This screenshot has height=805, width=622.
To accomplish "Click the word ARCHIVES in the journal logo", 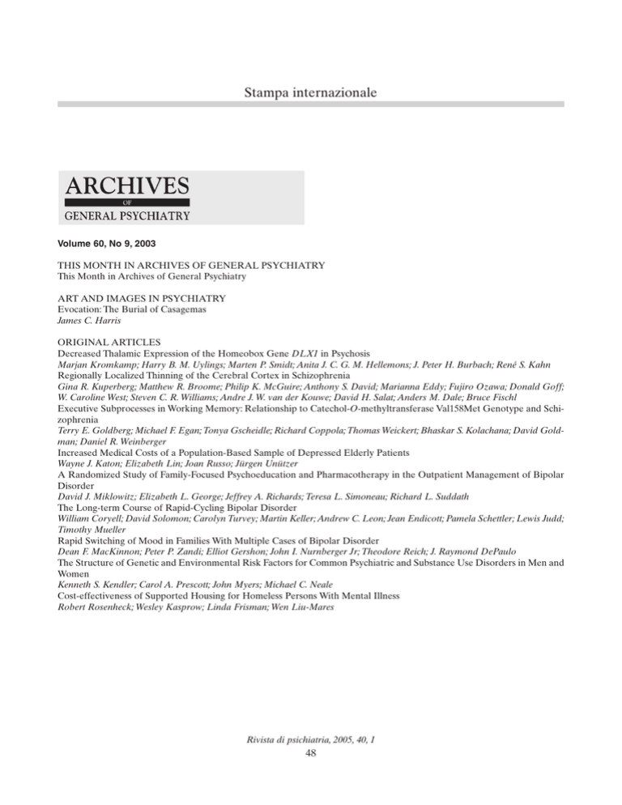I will [123, 185].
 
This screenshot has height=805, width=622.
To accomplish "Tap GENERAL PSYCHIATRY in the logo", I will [123, 215].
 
